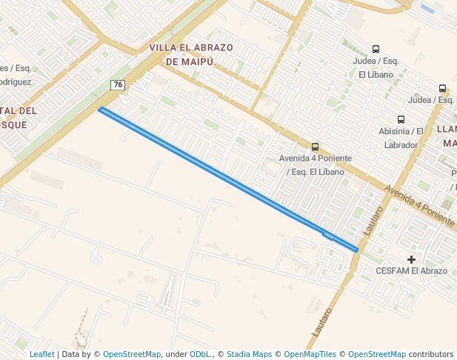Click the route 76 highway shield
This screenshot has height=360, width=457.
point(117,85)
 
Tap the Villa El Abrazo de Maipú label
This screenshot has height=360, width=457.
point(191,55)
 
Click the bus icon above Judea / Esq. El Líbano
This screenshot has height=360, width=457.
point(376,50)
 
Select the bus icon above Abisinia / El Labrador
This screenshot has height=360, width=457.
point(401,119)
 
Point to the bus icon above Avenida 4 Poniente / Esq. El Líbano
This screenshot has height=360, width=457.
point(316,147)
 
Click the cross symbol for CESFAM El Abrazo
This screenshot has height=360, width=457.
point(412,259)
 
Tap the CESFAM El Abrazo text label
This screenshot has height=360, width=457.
point(412,271)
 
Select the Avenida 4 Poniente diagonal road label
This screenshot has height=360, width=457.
point(419,205)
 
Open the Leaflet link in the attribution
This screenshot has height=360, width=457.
point(42,355)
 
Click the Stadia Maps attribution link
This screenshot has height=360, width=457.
point(249,355)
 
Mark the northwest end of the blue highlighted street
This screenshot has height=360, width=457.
point(101,110)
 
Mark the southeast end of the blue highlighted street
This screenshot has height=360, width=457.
point(357,250)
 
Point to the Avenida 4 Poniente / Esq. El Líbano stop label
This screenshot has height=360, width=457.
point(316,165)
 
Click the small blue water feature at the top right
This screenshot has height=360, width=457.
point(427,9)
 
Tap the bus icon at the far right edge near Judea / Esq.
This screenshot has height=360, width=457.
point(443,88)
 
